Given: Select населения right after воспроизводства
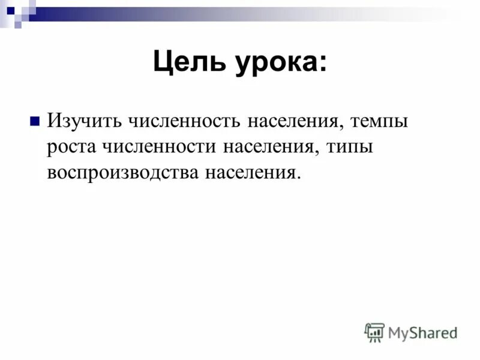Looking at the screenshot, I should (x=250, y=173).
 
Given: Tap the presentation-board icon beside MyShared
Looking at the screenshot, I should (x=374, y=332).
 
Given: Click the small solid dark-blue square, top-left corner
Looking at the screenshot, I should (x=10, y=10).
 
